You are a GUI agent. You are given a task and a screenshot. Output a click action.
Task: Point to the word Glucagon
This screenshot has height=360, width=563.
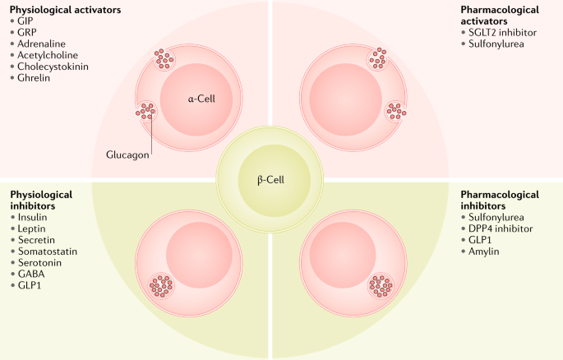128,155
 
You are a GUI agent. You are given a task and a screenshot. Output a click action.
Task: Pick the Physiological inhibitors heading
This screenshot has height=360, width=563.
41,200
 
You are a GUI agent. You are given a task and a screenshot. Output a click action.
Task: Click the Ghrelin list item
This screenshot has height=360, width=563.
35,77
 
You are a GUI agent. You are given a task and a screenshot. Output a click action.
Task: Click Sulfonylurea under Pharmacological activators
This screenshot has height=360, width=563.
496,43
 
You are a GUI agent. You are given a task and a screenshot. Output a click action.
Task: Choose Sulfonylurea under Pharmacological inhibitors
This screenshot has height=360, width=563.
496,217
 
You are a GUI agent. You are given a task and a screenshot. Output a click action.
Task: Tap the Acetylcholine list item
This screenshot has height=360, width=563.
48,54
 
